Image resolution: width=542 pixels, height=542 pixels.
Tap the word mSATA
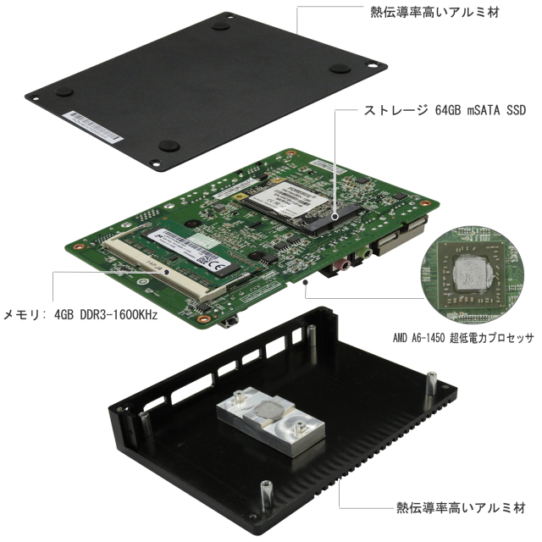pyautogui.click(x=484, y=110)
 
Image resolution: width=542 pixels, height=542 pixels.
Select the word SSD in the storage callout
pyautogui.click(x=516, y=110)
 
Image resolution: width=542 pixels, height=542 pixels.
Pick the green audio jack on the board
pyautogui.click(x=363, y=252)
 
